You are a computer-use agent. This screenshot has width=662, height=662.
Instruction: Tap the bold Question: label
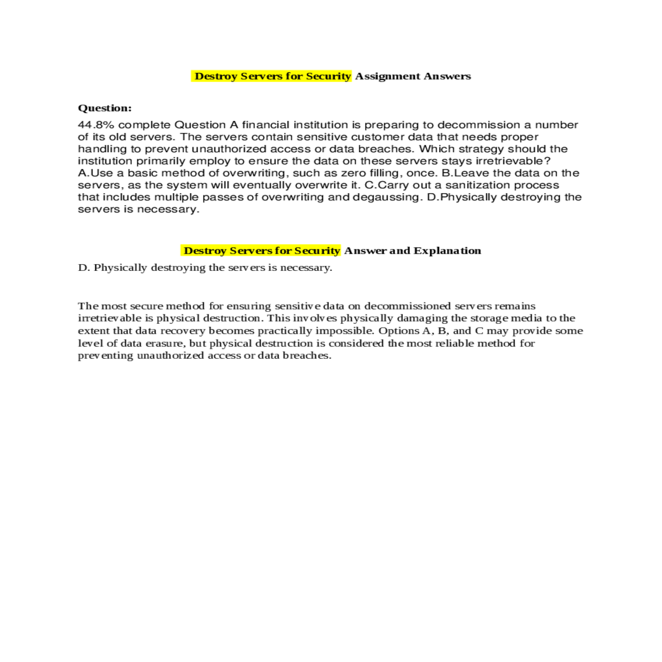pyautogui.click(x=105, y=108)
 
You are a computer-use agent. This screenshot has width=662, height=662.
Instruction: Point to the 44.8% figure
pyautogui.click(x=96, y=125)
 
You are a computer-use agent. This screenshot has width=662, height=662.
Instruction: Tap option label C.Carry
pyautogui.click(x=387, y=185)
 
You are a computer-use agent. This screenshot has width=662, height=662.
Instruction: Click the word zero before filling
pyautogui.click(x=354, y=173)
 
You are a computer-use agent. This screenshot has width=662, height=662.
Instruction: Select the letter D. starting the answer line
pyautogui.click(x=84, y=268)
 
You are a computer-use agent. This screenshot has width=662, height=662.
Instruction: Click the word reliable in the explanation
pyautogui.click(x=455, y=343)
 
